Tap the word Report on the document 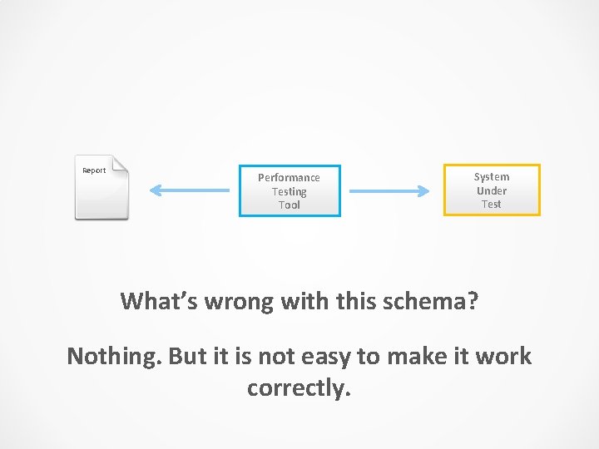[94, 170]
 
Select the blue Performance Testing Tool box [290, 191]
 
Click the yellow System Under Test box [491, 190]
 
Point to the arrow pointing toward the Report [189, 191]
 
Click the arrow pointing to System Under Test [389, 191]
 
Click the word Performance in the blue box [289, 178]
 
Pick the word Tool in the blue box [289, 205]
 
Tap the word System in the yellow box [491, 176]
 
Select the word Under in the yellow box [491, 190]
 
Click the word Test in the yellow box [491, 204]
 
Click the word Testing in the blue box [289, 191]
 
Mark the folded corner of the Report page [121, 163]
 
